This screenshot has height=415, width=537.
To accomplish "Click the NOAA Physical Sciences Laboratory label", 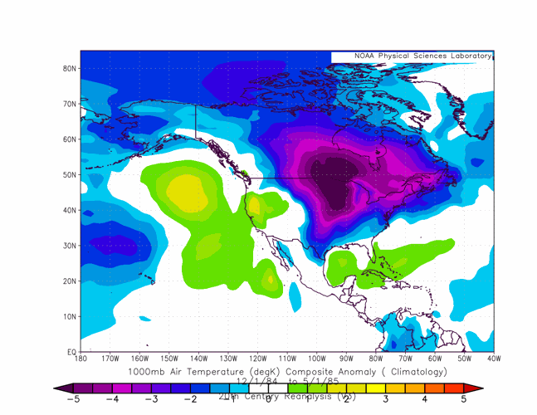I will click(412, 56).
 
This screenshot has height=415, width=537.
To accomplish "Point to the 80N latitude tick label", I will click(71, 68).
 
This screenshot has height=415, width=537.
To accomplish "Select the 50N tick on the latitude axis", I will click(71, 174).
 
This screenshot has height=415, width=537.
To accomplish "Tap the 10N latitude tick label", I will click(71, 316).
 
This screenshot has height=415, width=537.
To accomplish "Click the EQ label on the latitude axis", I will click(72, 352).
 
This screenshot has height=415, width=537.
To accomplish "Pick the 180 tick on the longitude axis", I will click(81, 359).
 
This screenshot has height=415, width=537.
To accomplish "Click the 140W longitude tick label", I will click(168, 359).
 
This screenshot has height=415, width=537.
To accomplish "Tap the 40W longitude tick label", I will click(494, 359).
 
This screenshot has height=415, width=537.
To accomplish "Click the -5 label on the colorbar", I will click(72, 399).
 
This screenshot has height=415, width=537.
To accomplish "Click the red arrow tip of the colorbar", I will click(476, 388).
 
